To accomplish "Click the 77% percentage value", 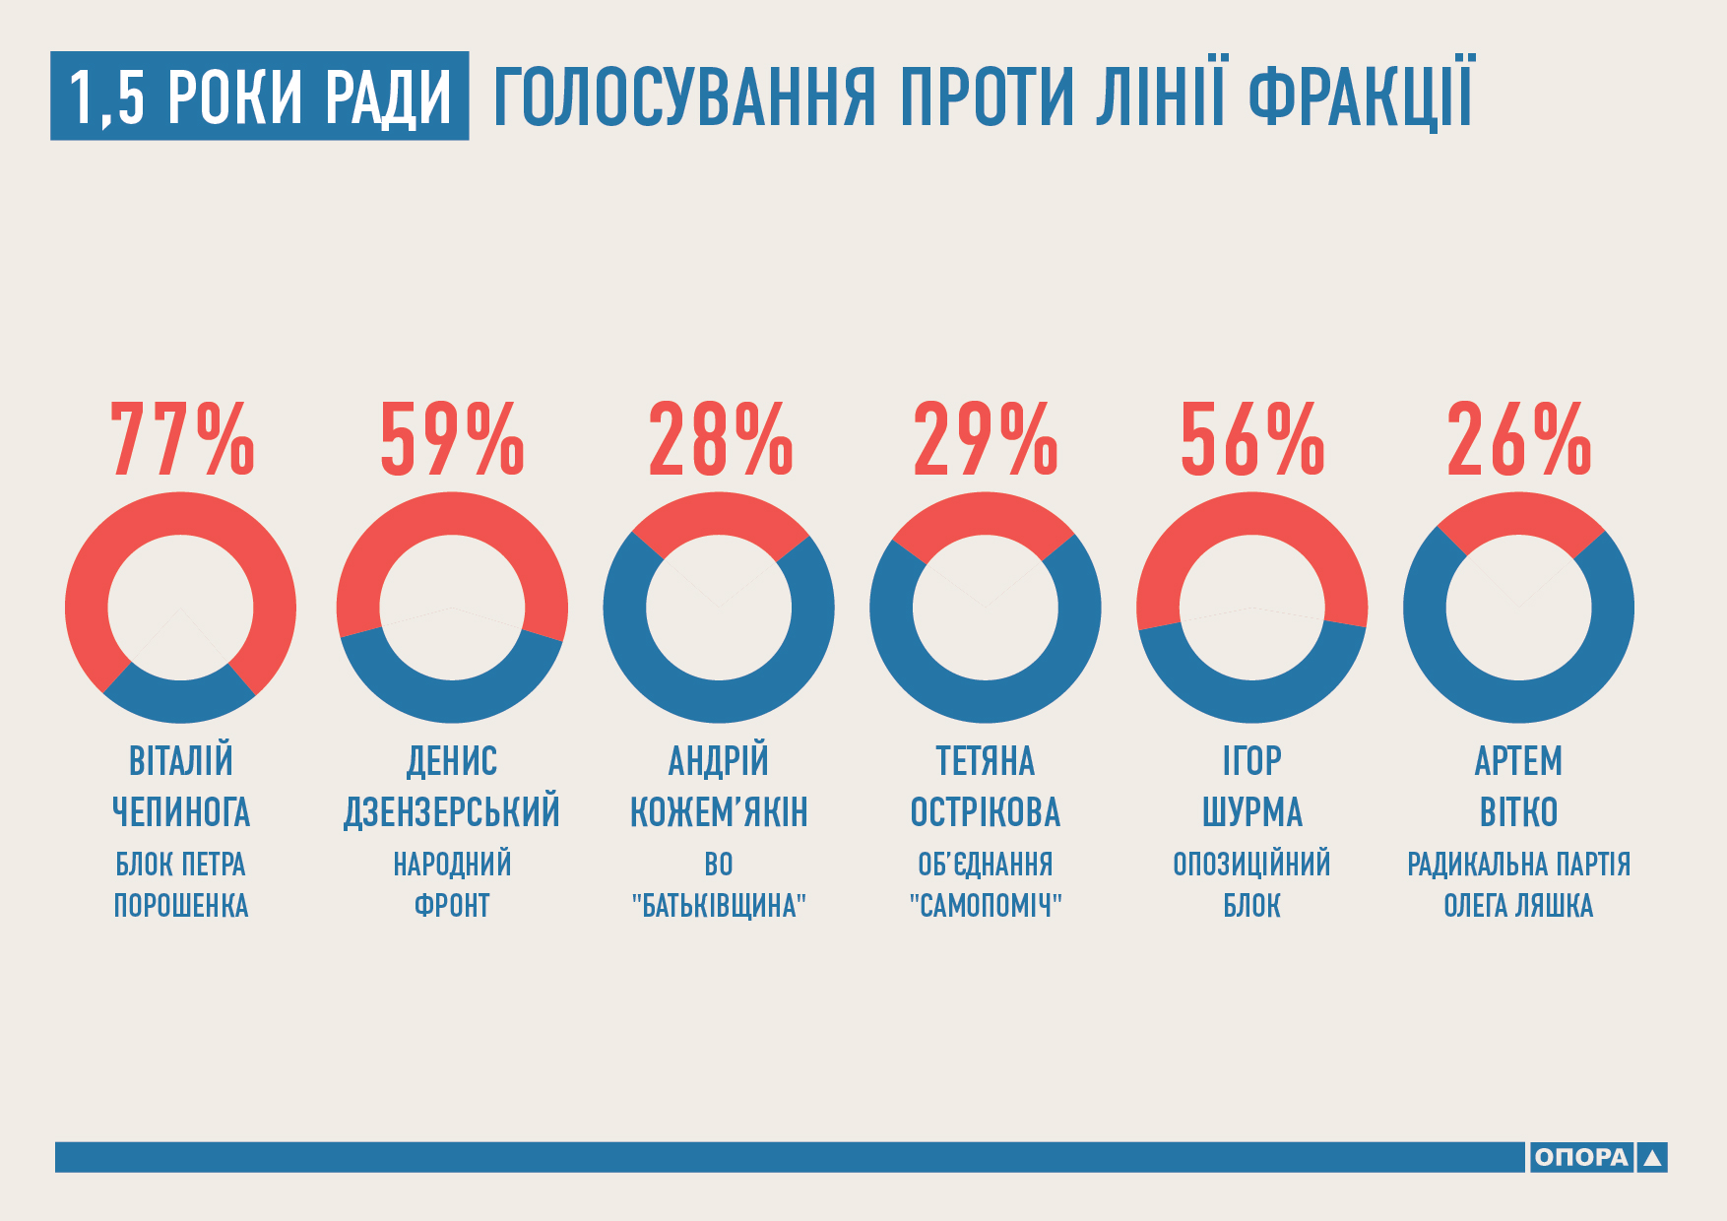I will [182, 439].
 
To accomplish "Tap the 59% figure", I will [452, 439].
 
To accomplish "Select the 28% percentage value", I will [720, 439].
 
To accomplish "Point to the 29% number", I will [986, 439].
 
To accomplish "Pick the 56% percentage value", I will [1252, 439].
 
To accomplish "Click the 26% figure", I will [1519, 439].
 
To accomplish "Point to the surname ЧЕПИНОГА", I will [181, 812].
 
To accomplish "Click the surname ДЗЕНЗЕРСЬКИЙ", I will [452, 812].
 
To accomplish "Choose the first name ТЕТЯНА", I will [986, 761].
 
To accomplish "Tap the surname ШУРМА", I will [1252, 812].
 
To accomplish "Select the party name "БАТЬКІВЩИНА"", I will [720, 905].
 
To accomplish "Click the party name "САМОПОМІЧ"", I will [986, 905].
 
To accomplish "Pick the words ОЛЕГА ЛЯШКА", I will [1519, 905].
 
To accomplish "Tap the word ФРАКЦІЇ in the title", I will [1362, 96].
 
